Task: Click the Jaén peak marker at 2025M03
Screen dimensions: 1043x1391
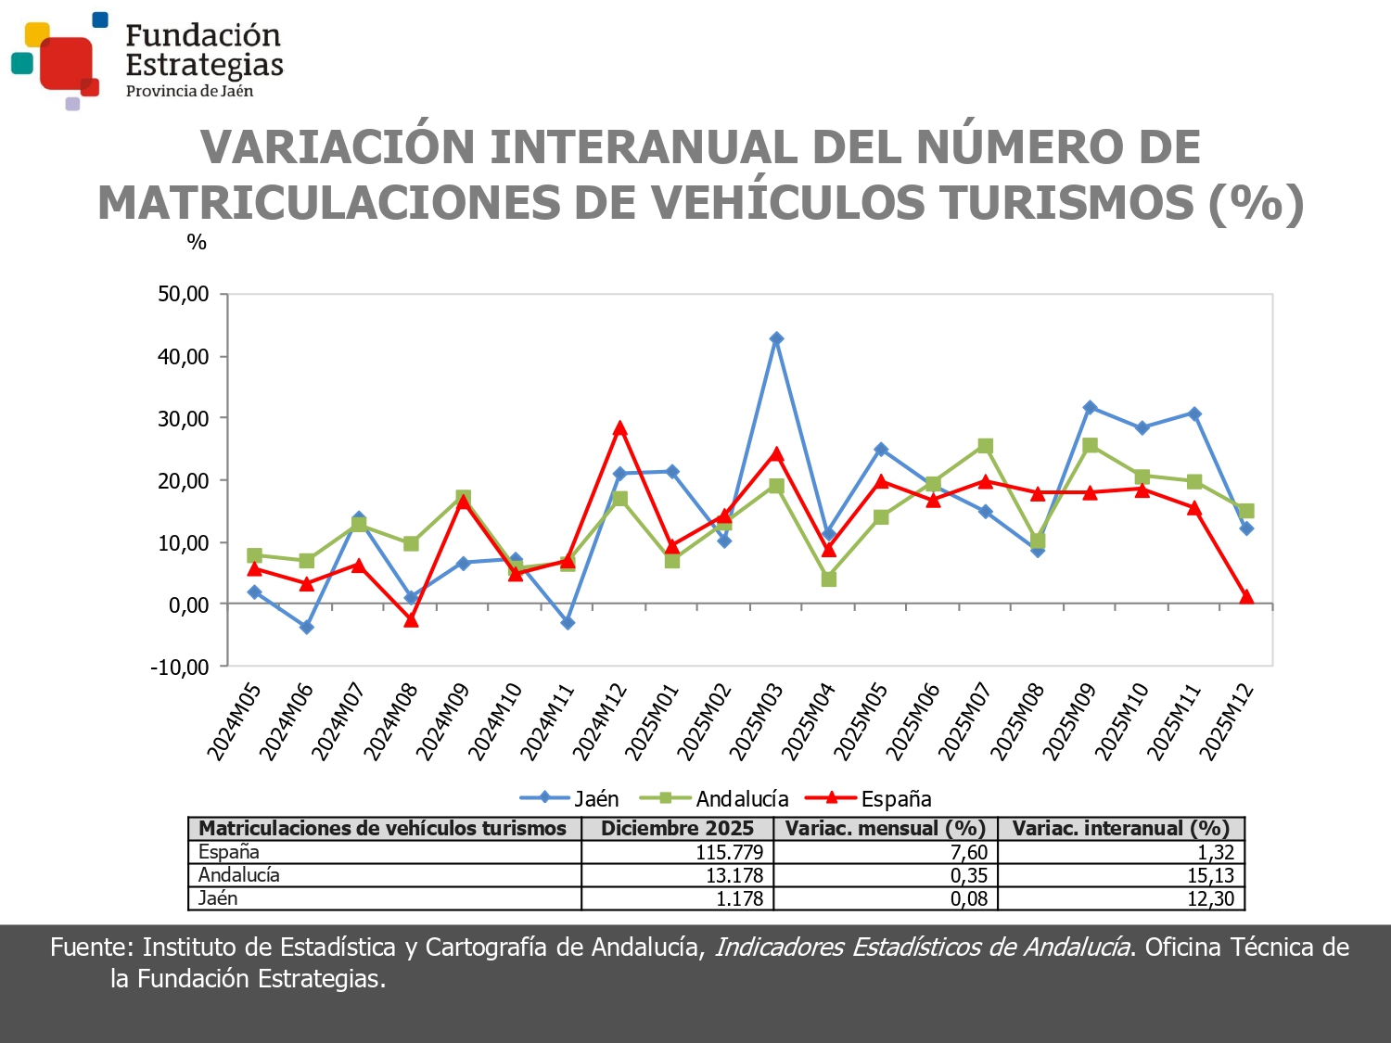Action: (x=776, y=339)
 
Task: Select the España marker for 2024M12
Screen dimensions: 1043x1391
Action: (x=619, y=428)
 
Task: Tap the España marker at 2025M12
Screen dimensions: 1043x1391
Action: (x=1246, y=597)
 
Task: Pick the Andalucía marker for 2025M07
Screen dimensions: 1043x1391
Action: (x=985, y=447)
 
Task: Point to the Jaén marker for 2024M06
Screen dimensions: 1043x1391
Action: (x=307, y=628)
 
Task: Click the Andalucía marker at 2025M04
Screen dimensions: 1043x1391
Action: (x=829, y=579)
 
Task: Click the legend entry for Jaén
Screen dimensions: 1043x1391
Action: (x=569, y=798)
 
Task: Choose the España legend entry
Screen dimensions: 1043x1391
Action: (x=868, y=798)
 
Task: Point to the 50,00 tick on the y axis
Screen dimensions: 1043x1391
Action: (x=184, y=295)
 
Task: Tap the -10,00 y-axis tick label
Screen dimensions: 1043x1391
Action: (x=180, y=668)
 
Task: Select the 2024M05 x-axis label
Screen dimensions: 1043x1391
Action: (x=234, y=721)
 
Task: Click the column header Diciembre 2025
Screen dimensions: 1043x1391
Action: (x=677, y=829)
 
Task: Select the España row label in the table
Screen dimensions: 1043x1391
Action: (x=229, y=852)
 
